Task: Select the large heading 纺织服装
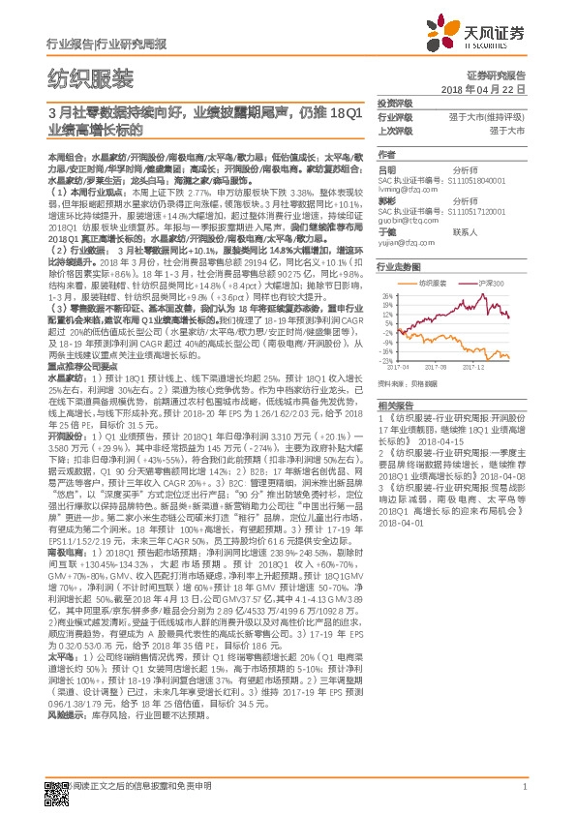pos(90,78)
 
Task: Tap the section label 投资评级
pos(394,103)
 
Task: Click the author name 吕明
pos(386,169)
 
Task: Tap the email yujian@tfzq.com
pos(405,242)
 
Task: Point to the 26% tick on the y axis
pos(384,296)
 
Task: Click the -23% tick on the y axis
pos(384,360)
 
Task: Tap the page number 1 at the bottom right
pos(523,786)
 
